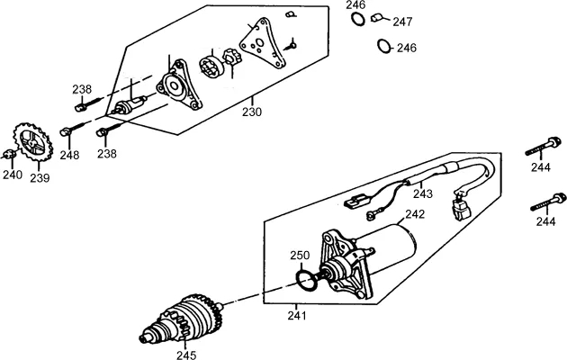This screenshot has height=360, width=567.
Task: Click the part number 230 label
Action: [x=252, y=112]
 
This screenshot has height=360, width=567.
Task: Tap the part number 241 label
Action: [x=297, y=316]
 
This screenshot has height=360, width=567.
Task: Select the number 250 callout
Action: [x=300, y=256]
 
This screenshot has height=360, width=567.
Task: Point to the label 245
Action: [x=186, y=355]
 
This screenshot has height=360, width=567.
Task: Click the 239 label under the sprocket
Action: [x=40, y=178]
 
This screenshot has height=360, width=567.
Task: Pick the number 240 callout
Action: [x=13, y=175]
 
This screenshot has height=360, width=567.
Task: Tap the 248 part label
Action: [x=69, y=155]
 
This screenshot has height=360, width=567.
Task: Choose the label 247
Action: [x=403, y=22]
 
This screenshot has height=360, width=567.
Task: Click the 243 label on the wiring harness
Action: [x=423, y=194]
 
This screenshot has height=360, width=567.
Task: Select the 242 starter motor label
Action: [x=415, y=214]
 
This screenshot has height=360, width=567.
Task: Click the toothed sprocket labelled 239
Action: [x=33, y=142]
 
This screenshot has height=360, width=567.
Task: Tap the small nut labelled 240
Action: [x=9, y=154]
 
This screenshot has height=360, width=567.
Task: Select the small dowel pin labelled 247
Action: [x=377, y=18]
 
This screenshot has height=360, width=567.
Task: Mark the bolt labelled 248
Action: [x=74, y=129]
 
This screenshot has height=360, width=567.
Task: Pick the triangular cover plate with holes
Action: [x=263, y=43]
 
